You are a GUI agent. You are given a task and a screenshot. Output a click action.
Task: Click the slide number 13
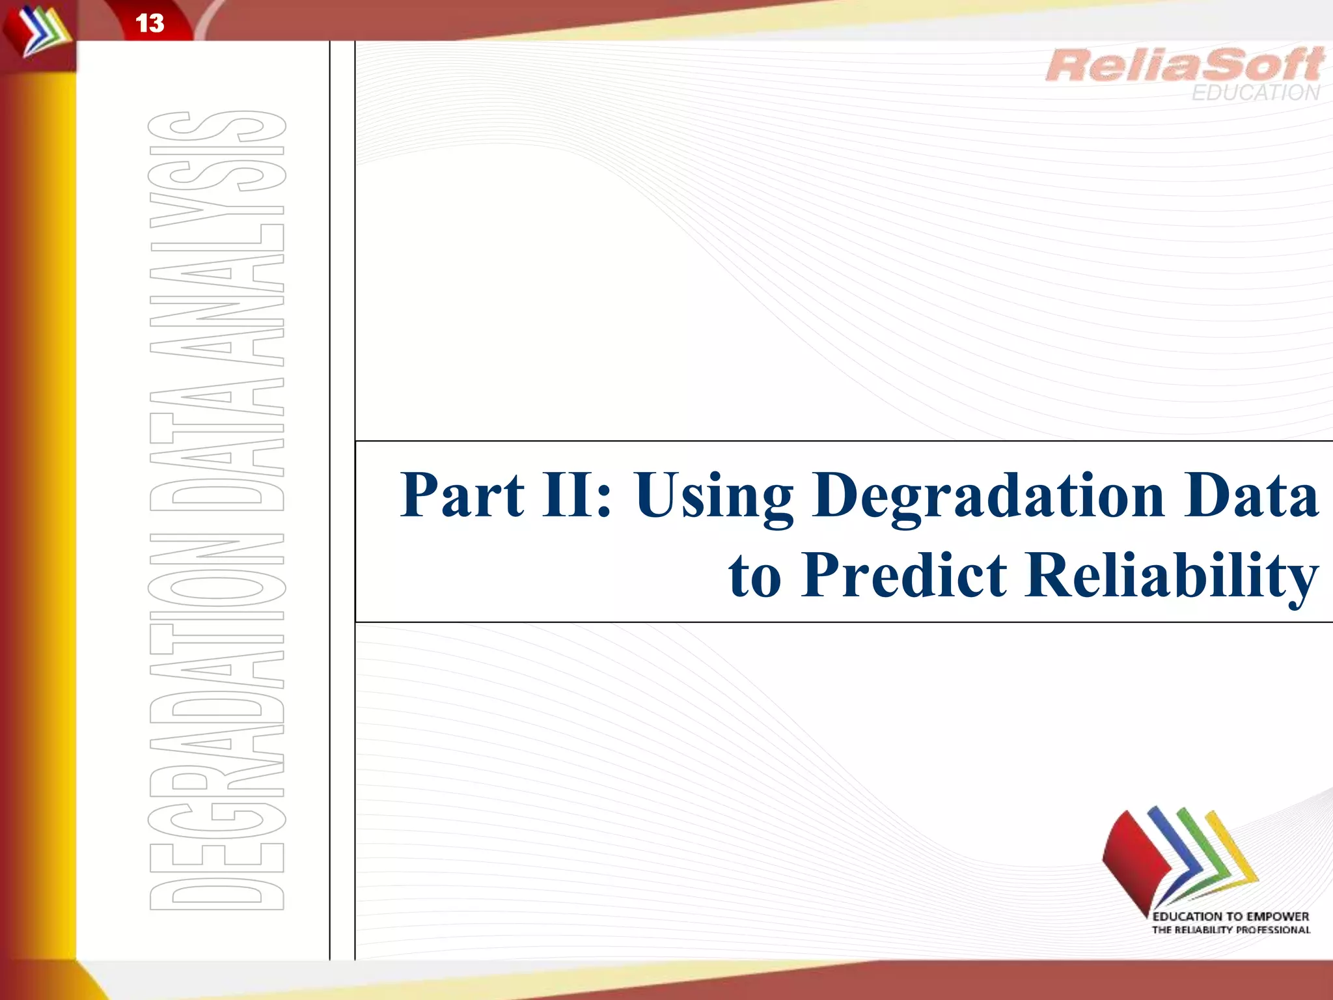tap(150, 23)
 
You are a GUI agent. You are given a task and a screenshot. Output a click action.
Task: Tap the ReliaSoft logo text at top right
tap(1184, 65)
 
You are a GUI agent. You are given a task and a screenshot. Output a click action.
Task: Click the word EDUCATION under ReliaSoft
tap(1256, 93)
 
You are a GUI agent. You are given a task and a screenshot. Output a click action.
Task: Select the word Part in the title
tap(462, 495)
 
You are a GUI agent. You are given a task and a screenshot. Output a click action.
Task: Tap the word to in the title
tap(755, 576)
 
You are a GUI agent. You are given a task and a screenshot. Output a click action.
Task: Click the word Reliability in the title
tap(1172, 576)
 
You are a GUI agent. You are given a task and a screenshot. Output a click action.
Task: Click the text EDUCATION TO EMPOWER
tap(1230, 917)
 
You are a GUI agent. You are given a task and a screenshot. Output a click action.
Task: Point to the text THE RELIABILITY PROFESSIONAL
tap(1230, 930)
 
